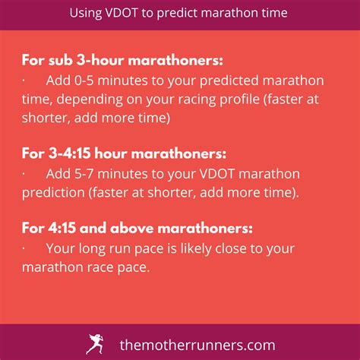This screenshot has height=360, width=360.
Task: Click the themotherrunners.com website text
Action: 197,345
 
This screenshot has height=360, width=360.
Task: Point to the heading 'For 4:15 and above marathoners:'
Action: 137,229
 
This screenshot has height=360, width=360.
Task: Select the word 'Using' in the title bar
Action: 85,14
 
